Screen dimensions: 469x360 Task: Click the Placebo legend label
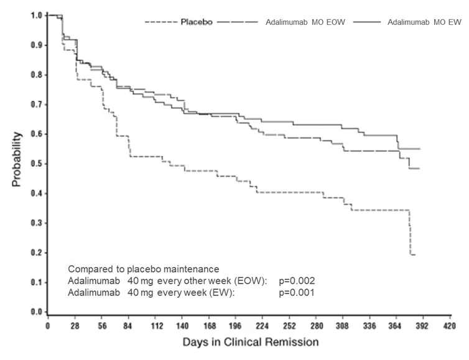point(197,22)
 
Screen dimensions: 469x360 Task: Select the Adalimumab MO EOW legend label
point(305,22)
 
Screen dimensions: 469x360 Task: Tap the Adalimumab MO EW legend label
point(424,22)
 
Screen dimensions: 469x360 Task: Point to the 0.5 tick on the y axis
point(37,164)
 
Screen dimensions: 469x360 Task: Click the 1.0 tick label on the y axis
point(37,16)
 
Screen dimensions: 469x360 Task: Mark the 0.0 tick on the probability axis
point(37,312)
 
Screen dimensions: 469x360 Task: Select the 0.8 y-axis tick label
point(37,75)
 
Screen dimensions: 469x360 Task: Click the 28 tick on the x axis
point(75,326)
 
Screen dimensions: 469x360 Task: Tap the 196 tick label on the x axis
point(235,326)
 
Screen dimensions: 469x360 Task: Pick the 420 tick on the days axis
point(449,326)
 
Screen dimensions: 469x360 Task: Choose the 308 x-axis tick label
point(342,326)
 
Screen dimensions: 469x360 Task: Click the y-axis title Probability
point(17,159)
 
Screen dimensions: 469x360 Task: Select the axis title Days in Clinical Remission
point(251,342)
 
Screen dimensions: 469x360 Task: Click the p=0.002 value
point(297,281)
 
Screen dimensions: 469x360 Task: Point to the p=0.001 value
point(297,292)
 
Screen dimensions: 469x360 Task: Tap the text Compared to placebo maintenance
point(144,269)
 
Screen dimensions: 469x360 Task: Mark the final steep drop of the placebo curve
point(410,233)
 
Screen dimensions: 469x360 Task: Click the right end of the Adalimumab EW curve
point(420,149)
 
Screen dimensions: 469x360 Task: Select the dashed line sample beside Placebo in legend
point(161,22)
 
